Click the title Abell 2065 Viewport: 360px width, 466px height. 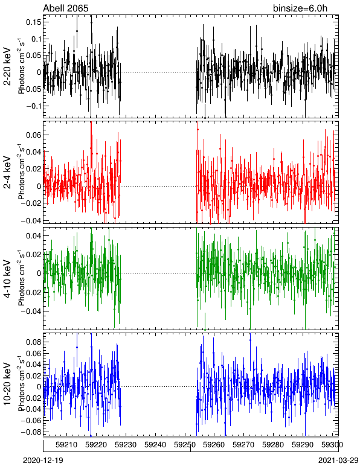pos(66,8)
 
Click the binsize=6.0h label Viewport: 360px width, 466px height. pos(300,8)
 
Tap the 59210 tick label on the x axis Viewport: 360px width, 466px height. pos(66,445)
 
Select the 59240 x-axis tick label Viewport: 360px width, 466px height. pos(155,445)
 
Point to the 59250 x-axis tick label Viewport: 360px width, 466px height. pos(185,445)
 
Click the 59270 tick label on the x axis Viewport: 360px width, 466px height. pos(244,445)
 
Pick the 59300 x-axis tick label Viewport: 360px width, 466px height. pos(332,445)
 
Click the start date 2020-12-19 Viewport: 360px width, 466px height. pos(43,461)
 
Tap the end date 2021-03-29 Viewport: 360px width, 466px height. pos(338,461)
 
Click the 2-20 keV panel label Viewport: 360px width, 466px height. pos(7,66)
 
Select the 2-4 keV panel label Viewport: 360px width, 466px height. pos(7,173)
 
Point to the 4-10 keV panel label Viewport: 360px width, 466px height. pos(7,278)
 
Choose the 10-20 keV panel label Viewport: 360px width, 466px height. pos(7,383)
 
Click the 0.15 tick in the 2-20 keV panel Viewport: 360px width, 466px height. pos(34,22)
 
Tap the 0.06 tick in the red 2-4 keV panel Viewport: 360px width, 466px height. pos(34,135)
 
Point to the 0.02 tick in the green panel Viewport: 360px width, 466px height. pos(34,254)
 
